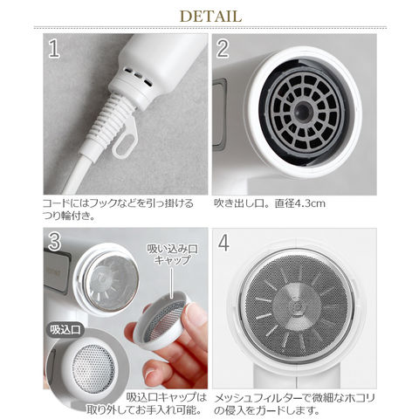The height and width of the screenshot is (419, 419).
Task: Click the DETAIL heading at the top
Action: point(209,17)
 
